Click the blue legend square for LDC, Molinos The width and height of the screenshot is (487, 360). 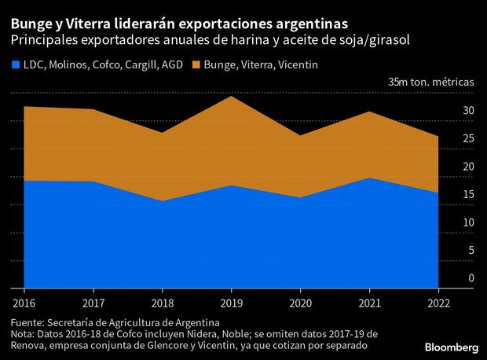14,64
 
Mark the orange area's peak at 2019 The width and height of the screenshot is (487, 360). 232,96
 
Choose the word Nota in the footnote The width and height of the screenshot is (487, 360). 23,334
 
